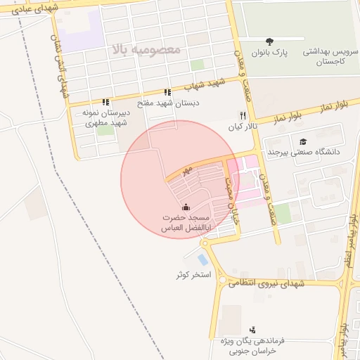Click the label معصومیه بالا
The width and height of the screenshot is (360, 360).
click(x=146, y=50)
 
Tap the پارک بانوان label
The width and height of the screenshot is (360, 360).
click(x=271, y=53)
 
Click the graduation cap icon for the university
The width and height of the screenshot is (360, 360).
click(x=303, y=141)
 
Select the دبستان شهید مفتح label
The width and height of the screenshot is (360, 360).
click(x=169, y=103)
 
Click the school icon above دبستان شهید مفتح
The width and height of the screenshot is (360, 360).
click(x=167, y=92)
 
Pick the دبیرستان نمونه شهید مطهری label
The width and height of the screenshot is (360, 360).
click(x=105, y=117)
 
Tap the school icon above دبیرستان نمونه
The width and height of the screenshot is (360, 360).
click(x=105, y=102)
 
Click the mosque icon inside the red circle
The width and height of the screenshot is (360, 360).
click(x=186, y=207)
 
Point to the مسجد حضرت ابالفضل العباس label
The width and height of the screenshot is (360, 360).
click(x=183, y=224)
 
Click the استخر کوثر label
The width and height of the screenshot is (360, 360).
click(x=193, y=274)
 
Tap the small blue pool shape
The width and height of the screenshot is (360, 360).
click(x=202, y=259)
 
